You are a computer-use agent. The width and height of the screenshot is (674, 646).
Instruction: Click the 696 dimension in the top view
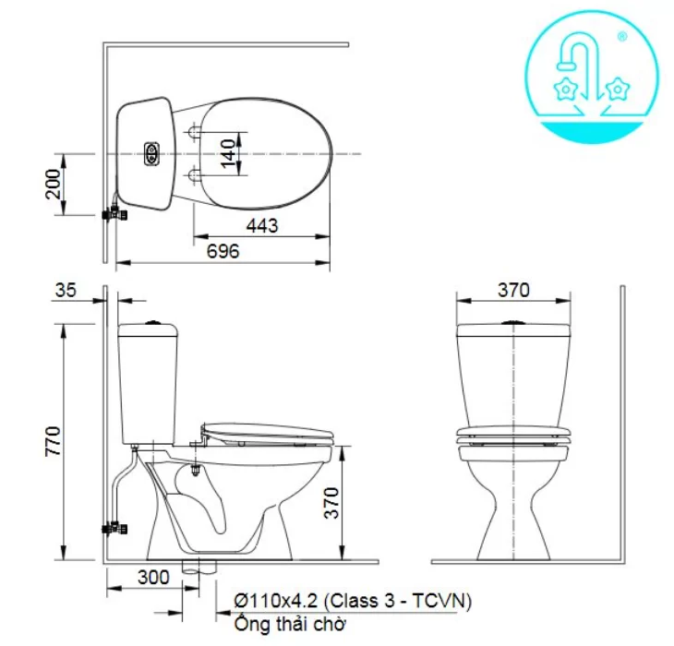[x=223, y=250]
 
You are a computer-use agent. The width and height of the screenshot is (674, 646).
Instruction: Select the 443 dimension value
[x=263, y=224]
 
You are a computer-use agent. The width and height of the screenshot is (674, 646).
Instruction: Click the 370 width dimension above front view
[x=514, y=289]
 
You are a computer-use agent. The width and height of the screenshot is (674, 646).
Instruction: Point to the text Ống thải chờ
[x=290, y=625]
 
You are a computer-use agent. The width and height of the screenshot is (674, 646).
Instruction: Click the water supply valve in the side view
[x=115, y=530]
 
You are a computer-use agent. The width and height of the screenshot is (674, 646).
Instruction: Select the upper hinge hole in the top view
[x=194, y=132]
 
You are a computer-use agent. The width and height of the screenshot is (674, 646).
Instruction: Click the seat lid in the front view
[x=513, y=434]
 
